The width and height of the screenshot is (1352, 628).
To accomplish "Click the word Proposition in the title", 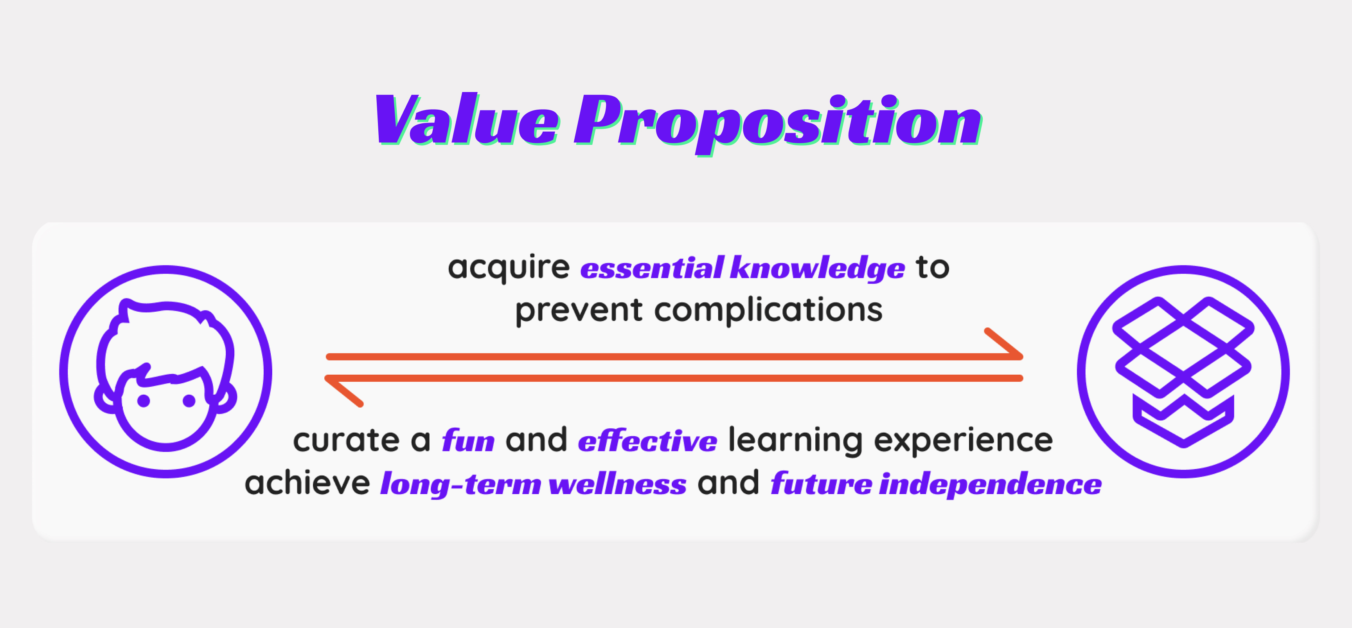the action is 778,123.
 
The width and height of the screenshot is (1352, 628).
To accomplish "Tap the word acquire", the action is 509,268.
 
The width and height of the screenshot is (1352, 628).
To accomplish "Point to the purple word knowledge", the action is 818,268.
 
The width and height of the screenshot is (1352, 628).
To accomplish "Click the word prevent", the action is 578,311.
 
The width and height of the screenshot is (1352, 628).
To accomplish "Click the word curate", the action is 346,440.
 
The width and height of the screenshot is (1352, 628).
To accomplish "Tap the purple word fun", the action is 468,440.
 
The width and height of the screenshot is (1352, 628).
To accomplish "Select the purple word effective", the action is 647,440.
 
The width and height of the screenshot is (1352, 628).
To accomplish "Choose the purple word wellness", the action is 617,483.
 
